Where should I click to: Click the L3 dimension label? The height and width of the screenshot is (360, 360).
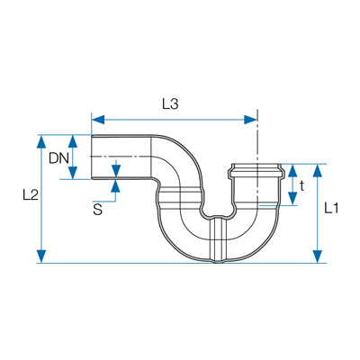point(170,104)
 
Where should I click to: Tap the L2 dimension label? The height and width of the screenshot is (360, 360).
point(31,195)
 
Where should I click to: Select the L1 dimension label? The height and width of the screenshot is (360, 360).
point(331,208)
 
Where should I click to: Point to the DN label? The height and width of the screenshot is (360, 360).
point(58,158)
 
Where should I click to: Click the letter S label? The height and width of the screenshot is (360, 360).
point(98,210)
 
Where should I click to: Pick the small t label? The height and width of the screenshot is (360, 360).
point(301,186)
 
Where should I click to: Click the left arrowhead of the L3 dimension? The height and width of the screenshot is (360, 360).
point(98,120)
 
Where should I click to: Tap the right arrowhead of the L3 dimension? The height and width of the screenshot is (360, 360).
point(250,120)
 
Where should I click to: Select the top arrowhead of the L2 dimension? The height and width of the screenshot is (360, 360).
point(42,141)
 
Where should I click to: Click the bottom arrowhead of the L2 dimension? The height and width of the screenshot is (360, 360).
point(42,256)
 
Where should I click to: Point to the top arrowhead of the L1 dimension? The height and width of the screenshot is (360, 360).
point(318,170)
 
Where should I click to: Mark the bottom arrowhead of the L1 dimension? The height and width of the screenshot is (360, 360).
point(318,256)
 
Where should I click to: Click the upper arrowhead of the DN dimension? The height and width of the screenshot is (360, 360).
point(73,141)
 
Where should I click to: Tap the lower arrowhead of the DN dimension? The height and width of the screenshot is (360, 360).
point(73,173)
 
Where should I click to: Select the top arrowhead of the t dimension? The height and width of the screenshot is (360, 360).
point(292,170)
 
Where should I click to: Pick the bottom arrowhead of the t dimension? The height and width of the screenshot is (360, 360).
point(292,199)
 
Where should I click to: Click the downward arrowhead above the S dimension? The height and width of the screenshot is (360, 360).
point(115,171)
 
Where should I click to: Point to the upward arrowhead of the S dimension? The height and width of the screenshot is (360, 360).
point(115,186)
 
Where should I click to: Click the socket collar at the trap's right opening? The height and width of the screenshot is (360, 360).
point(256,171)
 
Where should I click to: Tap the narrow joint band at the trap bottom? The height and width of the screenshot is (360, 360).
point(219,240)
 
